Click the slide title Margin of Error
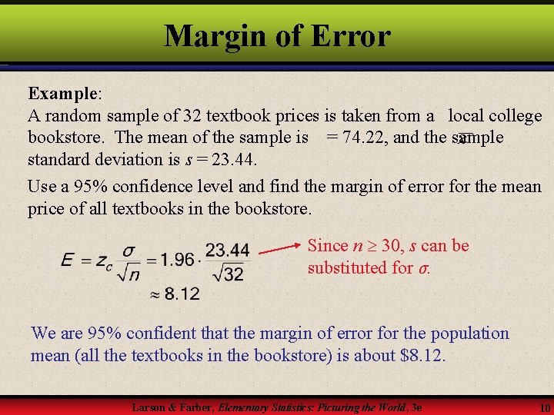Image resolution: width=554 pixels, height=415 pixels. (x=277, y=35)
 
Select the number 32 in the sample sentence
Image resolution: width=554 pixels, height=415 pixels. (x=192, y=116)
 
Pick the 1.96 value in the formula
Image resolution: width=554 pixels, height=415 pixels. (x=179, y=260)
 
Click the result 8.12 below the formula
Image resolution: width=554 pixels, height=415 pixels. (x=182, y=294)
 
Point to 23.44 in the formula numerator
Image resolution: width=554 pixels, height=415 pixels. (x=228, y=250)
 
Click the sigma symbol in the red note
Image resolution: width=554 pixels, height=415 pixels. (x=423, y=268)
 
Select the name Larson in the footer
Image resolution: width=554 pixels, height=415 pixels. (x=149, y=407)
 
